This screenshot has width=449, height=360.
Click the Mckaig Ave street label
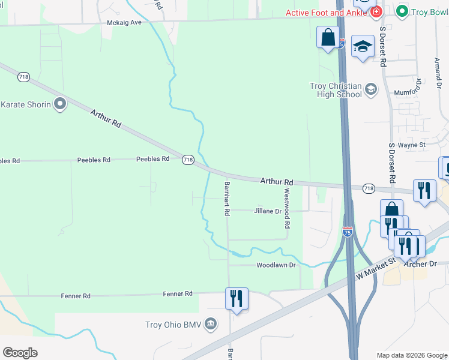point(124,22)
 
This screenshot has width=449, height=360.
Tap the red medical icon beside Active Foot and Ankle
point(376,12)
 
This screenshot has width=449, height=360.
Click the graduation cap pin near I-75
point(363,46)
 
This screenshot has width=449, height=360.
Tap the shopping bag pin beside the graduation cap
point(328,37)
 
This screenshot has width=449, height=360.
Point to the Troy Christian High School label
point(336,90)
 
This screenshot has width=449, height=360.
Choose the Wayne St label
point(411,145)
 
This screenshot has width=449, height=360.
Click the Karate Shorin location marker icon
point(59,104)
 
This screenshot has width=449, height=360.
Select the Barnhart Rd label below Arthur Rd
point(227,198)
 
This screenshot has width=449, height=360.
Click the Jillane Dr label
point(268,211)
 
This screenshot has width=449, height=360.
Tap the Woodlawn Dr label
point(276,265)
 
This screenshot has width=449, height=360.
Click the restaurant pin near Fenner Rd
point(236,298)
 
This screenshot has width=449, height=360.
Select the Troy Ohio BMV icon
point(210,325)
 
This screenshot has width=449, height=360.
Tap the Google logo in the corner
point(20,353)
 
